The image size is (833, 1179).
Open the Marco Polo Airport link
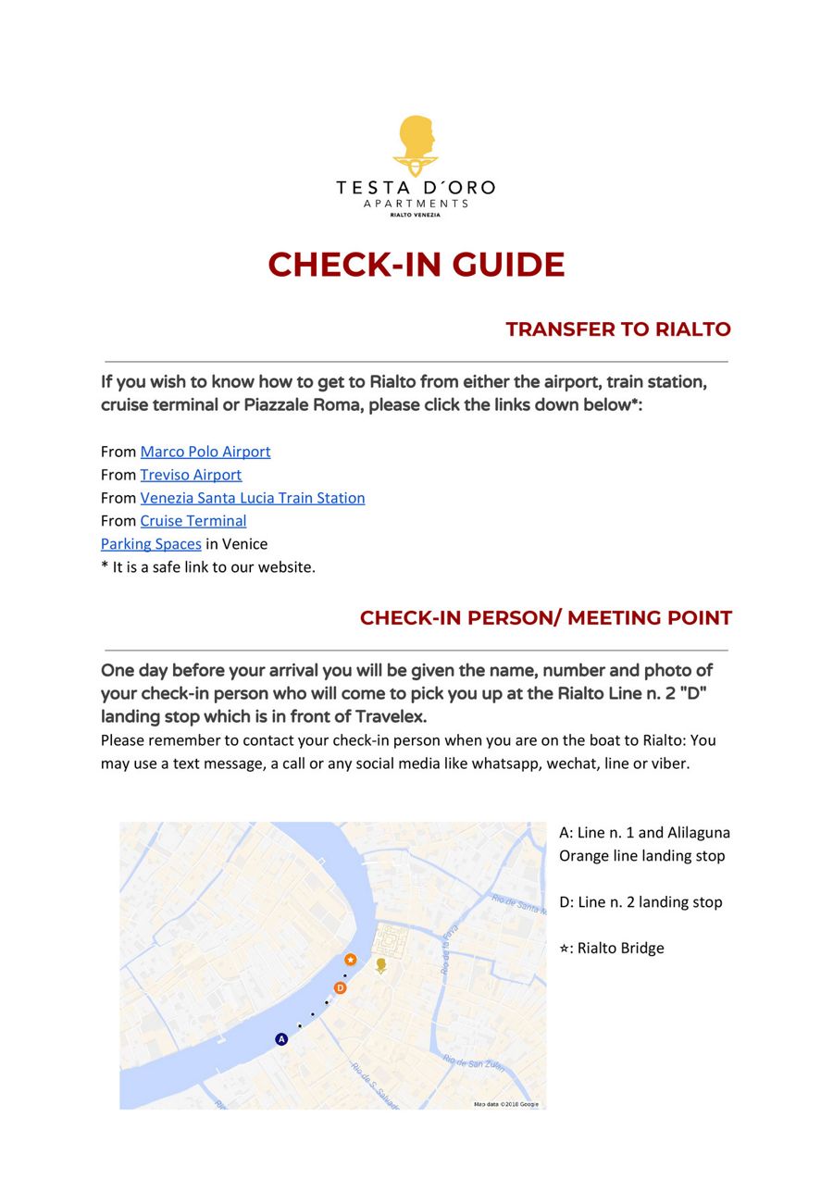tap(205, 452)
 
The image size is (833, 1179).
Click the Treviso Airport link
tap(191, 475)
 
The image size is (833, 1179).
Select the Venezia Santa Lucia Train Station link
tap(253, 498)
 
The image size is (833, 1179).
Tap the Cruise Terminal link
tap(193, 521)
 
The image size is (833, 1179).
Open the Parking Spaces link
tap(151, 544)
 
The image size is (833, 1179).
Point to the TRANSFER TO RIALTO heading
tap(617, 329)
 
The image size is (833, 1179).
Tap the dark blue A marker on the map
tap(282, 1039)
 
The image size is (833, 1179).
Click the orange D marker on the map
tap(341, 988)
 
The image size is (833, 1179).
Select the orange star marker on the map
tap(351, 960)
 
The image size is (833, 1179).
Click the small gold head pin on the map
tap(380, 966)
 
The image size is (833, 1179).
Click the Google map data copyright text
tap(506, 1104)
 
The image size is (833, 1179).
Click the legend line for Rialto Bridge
tap(612, 949)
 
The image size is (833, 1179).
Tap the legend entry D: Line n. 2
tap(640, 902)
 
